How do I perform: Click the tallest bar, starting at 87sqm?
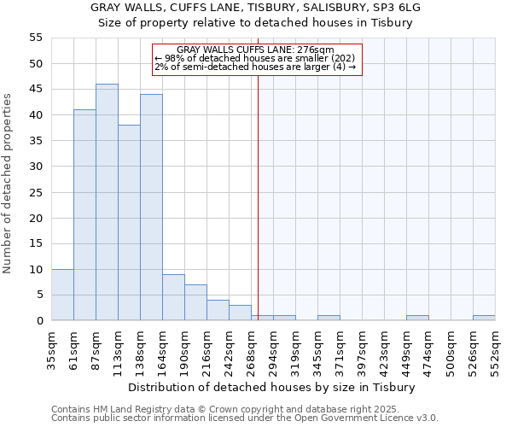coord(107,202)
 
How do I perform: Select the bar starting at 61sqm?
coord(84,215)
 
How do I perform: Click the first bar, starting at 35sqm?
coord(62,295)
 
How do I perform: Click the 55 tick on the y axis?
coord(35,38)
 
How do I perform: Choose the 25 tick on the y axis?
coord(35,192)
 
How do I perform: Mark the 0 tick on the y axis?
coord(38,321)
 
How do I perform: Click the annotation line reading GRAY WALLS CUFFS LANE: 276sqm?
coord(256,50)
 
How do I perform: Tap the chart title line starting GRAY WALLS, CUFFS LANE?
coord(256,8)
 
